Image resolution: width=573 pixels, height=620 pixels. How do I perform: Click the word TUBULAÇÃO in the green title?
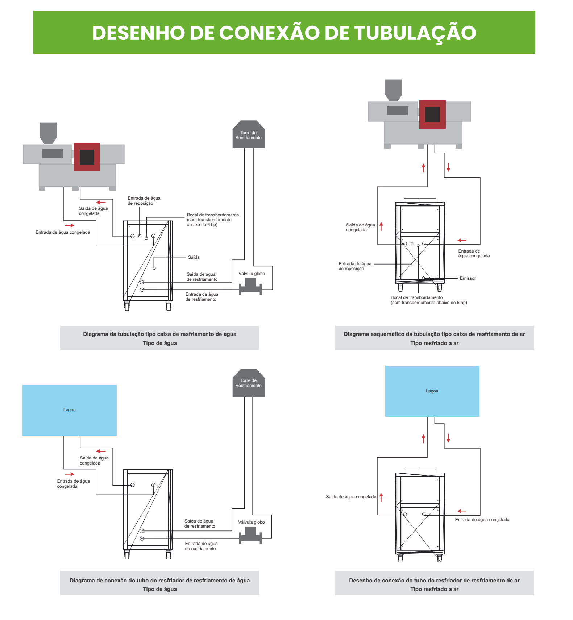point(415,33)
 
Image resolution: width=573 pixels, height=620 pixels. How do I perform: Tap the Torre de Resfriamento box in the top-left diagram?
point(249,134)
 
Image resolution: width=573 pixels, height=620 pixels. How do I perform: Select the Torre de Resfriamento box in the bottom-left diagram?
point(249,383)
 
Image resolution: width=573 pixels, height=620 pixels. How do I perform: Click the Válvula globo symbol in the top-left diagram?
point(250,287)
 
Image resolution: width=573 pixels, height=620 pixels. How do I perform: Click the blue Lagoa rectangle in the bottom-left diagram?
point(70,410)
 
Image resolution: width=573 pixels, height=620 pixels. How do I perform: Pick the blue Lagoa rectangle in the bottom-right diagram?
point(432,391)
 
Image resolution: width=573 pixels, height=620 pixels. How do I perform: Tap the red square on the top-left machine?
point(87,157)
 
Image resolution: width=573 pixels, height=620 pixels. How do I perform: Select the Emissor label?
point(468,278)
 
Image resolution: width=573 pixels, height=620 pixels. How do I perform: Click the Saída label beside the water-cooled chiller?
point(194,257)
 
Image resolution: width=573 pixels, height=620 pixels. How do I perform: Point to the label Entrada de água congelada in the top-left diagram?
point(63,232)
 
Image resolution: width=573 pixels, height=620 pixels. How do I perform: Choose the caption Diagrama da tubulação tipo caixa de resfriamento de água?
point(160,334)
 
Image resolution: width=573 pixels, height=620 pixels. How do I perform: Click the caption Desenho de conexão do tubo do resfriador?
point(434,581)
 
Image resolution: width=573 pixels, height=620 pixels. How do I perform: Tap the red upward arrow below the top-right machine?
point(423,168)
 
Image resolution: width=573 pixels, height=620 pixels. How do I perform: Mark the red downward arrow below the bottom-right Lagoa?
point(448,438)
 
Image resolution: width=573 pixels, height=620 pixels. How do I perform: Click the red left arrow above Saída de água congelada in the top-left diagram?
point(101,203)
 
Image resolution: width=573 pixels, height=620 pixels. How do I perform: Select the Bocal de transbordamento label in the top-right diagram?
point(429,300)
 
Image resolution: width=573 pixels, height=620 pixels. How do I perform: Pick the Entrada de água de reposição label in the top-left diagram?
point(144,201)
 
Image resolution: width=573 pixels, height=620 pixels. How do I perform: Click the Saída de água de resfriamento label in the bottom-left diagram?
point(200,524)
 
